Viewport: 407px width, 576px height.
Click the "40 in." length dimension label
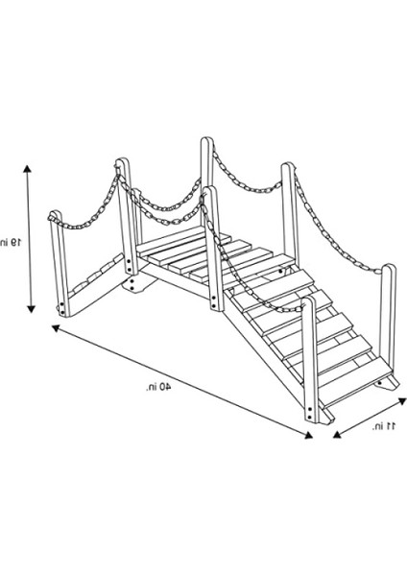(158, 387)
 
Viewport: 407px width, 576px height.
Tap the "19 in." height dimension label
(11, 242)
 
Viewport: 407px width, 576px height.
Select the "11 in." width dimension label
(384, 426)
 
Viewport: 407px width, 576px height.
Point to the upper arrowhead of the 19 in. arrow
(28, 169)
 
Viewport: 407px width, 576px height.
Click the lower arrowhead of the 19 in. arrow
(32, 309)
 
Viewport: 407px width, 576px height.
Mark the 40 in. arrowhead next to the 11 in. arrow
(308, 435)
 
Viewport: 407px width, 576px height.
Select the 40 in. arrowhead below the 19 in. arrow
(56, 328)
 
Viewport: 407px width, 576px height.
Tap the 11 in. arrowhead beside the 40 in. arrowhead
(337, 435)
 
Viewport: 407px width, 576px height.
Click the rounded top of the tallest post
(206, 141)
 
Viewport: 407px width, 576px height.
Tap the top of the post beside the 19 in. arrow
(56, 215)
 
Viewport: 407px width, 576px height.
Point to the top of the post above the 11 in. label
(388, 268)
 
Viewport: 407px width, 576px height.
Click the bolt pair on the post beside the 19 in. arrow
(62, 308)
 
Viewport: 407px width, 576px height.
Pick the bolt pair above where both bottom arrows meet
(310, 412)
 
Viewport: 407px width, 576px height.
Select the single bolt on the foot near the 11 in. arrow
(379, 383)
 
